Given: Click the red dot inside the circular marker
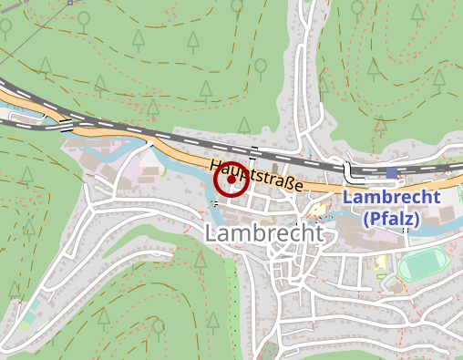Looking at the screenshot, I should coord(231,180).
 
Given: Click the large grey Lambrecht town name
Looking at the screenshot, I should coord(264,234).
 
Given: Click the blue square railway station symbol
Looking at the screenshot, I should coord(392,172).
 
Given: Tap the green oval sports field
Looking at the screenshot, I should coord(422,265).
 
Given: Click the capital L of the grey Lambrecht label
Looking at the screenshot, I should coord(212,234).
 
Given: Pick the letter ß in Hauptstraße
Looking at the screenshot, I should coord(284,183).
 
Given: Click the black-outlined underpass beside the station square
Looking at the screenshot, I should coord(349,170).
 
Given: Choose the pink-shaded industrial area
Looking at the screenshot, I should coord(137,169).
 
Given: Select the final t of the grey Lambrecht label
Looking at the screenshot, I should coord(317,234).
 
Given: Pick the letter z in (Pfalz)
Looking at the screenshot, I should coord(407,220).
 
